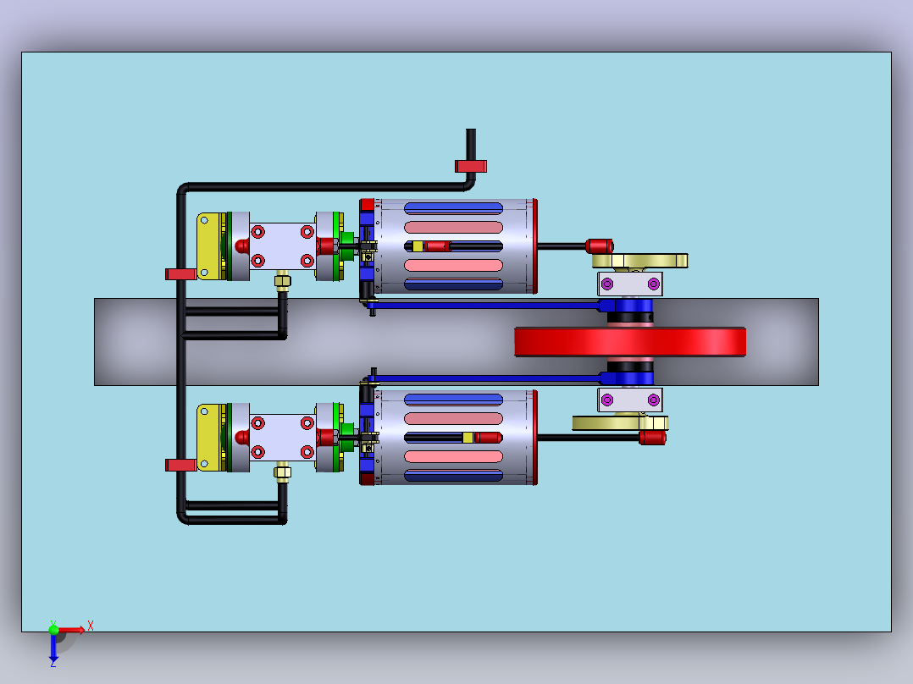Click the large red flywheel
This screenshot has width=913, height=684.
point(630,342)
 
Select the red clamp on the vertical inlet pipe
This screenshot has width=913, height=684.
point(471,167)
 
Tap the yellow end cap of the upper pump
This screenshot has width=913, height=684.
point(210,246)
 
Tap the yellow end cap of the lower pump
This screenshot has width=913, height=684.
point(210,438)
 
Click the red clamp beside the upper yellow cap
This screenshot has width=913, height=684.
point(180,274)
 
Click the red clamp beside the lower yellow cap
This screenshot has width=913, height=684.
point(180,465)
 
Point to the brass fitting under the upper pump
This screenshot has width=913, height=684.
point(282,280)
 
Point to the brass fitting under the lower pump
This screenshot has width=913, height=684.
point(282,472)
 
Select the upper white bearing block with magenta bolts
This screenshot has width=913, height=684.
point(630,284)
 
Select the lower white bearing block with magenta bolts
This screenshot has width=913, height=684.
point(630,400)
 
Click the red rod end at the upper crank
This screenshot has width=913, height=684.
point(599,246)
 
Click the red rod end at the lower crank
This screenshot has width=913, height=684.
point(653,437)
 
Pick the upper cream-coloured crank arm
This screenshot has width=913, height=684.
point(640,261)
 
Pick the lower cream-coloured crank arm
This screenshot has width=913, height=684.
point(620,422)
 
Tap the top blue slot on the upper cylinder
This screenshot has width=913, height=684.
point(453,208)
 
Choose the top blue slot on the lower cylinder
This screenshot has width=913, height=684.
point(453,400)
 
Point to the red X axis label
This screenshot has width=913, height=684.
point(91,626)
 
